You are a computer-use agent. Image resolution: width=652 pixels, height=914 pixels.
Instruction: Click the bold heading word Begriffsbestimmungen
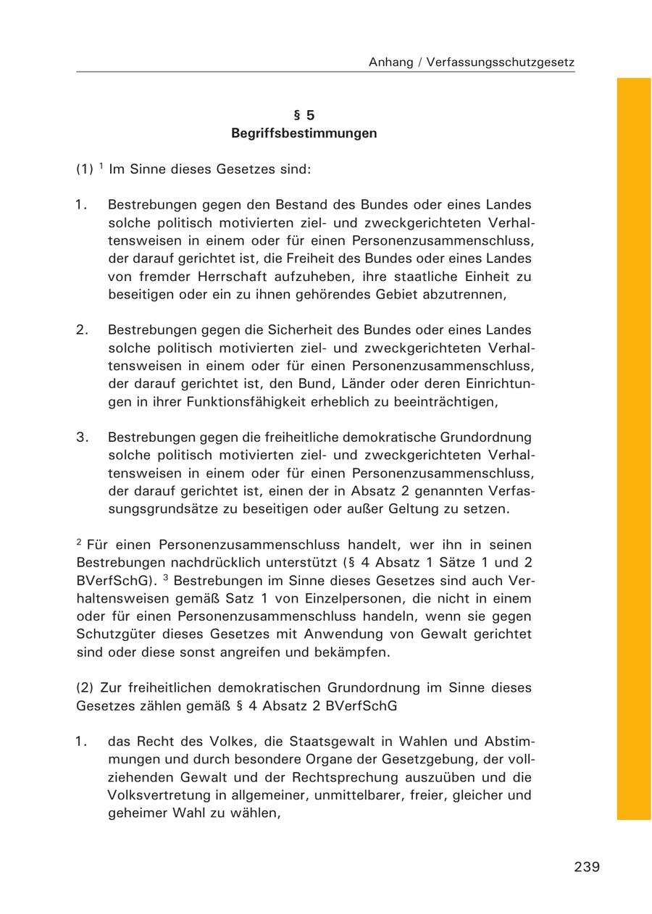pyautogui.click(x=304, y=134)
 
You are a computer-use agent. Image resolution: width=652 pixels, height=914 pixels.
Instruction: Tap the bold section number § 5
pyautogui.click(x=304, y=115)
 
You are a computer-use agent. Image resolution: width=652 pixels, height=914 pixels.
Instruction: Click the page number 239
pyautogui.click(x=587, y=867)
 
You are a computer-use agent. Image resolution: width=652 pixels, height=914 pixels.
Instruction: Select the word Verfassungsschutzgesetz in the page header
pyautogui.click(x=501, y=62)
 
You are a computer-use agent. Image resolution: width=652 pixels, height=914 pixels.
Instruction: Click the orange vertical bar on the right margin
pyautogui.click(x=634, y=449)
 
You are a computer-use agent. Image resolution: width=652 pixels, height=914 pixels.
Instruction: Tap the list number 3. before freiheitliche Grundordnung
pyautogui.click(x=82, y=437)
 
